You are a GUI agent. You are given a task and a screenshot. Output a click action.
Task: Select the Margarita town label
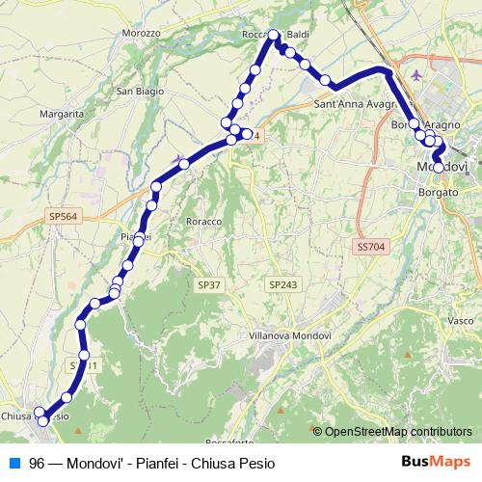[61, 113]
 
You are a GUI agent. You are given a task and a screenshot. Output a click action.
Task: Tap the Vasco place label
[461, 320]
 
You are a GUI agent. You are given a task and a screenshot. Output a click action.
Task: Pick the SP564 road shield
[62, 218]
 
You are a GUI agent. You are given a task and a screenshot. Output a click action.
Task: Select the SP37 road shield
[209, 285]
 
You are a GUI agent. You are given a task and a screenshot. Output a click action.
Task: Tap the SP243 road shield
[283, 285]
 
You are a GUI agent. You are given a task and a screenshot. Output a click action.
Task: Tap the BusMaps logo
[436, 461]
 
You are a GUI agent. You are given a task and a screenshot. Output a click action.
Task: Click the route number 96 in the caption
[37, 462]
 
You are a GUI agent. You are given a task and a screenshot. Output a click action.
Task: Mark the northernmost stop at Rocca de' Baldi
[274, 36]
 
